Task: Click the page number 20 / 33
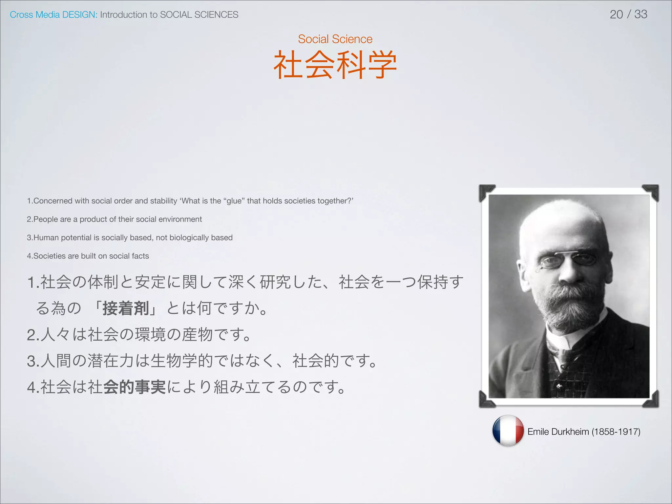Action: [x=628, y=14]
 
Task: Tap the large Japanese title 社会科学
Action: [x=335, y=65]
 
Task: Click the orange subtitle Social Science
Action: [x=335, y=39]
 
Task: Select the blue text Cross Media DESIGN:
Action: [x=53, y=15]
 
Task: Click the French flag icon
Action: [x=508, y=431]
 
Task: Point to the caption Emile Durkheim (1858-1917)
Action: [x=584, y=431]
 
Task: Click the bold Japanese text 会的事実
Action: [x=134, y=387]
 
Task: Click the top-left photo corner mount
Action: [x=486, y=192]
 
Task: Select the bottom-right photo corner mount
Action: [x=651, y=400]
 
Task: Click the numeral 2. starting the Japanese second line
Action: [x=33, y=335]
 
